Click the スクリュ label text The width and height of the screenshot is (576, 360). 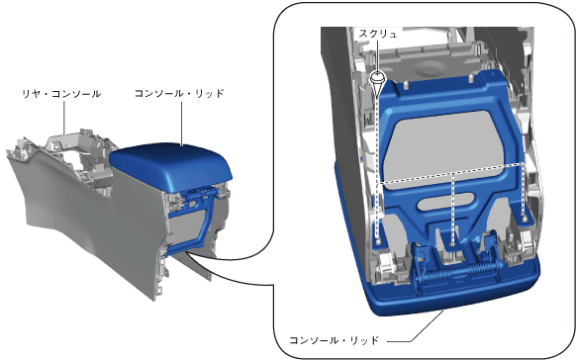[378, 35]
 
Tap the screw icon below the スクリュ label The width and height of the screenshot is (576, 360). [377, 82]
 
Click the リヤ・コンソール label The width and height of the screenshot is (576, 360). [61, 94]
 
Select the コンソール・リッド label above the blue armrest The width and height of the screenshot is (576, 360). [179, 94]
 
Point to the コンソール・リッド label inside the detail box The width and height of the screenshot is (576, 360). [334, 340]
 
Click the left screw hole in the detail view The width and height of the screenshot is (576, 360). [378, 241]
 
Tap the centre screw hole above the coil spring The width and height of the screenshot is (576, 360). [452, 243]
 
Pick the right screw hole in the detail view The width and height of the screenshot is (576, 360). [525, 220]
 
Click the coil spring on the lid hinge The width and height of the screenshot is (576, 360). [457, 273]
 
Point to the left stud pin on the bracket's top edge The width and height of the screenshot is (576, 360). [406, 84]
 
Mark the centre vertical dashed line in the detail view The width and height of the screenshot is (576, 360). [452, 208]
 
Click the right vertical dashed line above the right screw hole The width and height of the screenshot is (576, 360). [524, 190]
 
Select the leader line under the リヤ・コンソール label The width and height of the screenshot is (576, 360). [64, 118]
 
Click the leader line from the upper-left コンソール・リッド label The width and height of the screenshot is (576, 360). [182, 123]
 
